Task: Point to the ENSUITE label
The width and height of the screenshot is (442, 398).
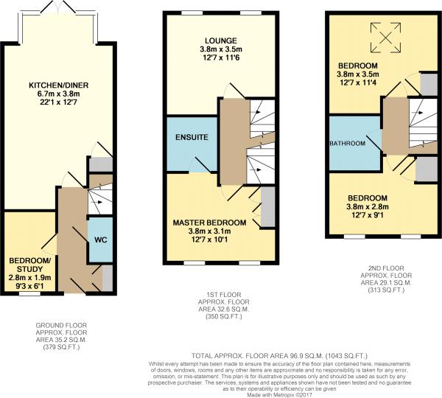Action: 192,137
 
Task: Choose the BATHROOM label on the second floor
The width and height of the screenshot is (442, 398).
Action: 348,143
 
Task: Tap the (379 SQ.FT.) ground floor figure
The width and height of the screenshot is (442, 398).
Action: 63,346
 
